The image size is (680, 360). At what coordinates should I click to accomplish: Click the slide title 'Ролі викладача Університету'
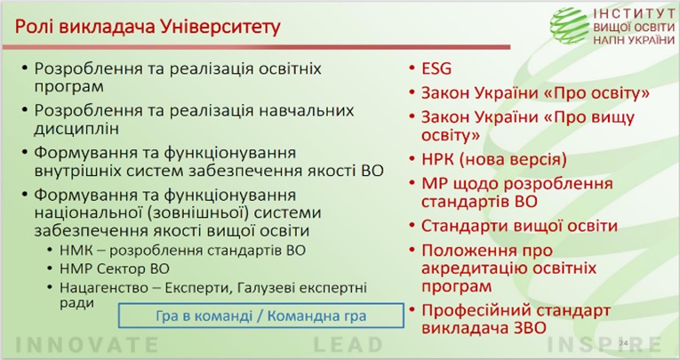tap(148, 27)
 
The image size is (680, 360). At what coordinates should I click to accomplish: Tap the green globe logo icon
tap(570, 26)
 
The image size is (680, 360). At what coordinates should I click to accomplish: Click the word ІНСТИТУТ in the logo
tap(634, 13)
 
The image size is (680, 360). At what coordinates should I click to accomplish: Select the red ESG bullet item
tap(436, 68)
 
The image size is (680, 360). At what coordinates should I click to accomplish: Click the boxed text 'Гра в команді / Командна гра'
tap(260, 316)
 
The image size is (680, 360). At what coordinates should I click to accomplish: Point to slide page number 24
tap(623, 343)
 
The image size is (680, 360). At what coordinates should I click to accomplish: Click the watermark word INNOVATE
tap(87, 345)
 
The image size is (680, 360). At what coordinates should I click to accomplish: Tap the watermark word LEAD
tap(348, 345)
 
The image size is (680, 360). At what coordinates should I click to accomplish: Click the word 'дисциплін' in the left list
tap(76, 129)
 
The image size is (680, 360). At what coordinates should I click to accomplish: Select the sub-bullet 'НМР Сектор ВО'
tap(115, 269)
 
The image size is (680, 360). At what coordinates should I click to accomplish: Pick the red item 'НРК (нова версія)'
tap(494, 160)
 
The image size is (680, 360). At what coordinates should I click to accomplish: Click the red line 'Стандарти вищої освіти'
tap(519, 226)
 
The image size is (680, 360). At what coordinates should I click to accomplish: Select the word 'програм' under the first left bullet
tap(69, 87)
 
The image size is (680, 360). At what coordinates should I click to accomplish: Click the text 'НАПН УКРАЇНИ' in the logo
tap(634, 40)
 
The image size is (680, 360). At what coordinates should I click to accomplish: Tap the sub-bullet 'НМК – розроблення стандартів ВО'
tap(182, 251)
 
